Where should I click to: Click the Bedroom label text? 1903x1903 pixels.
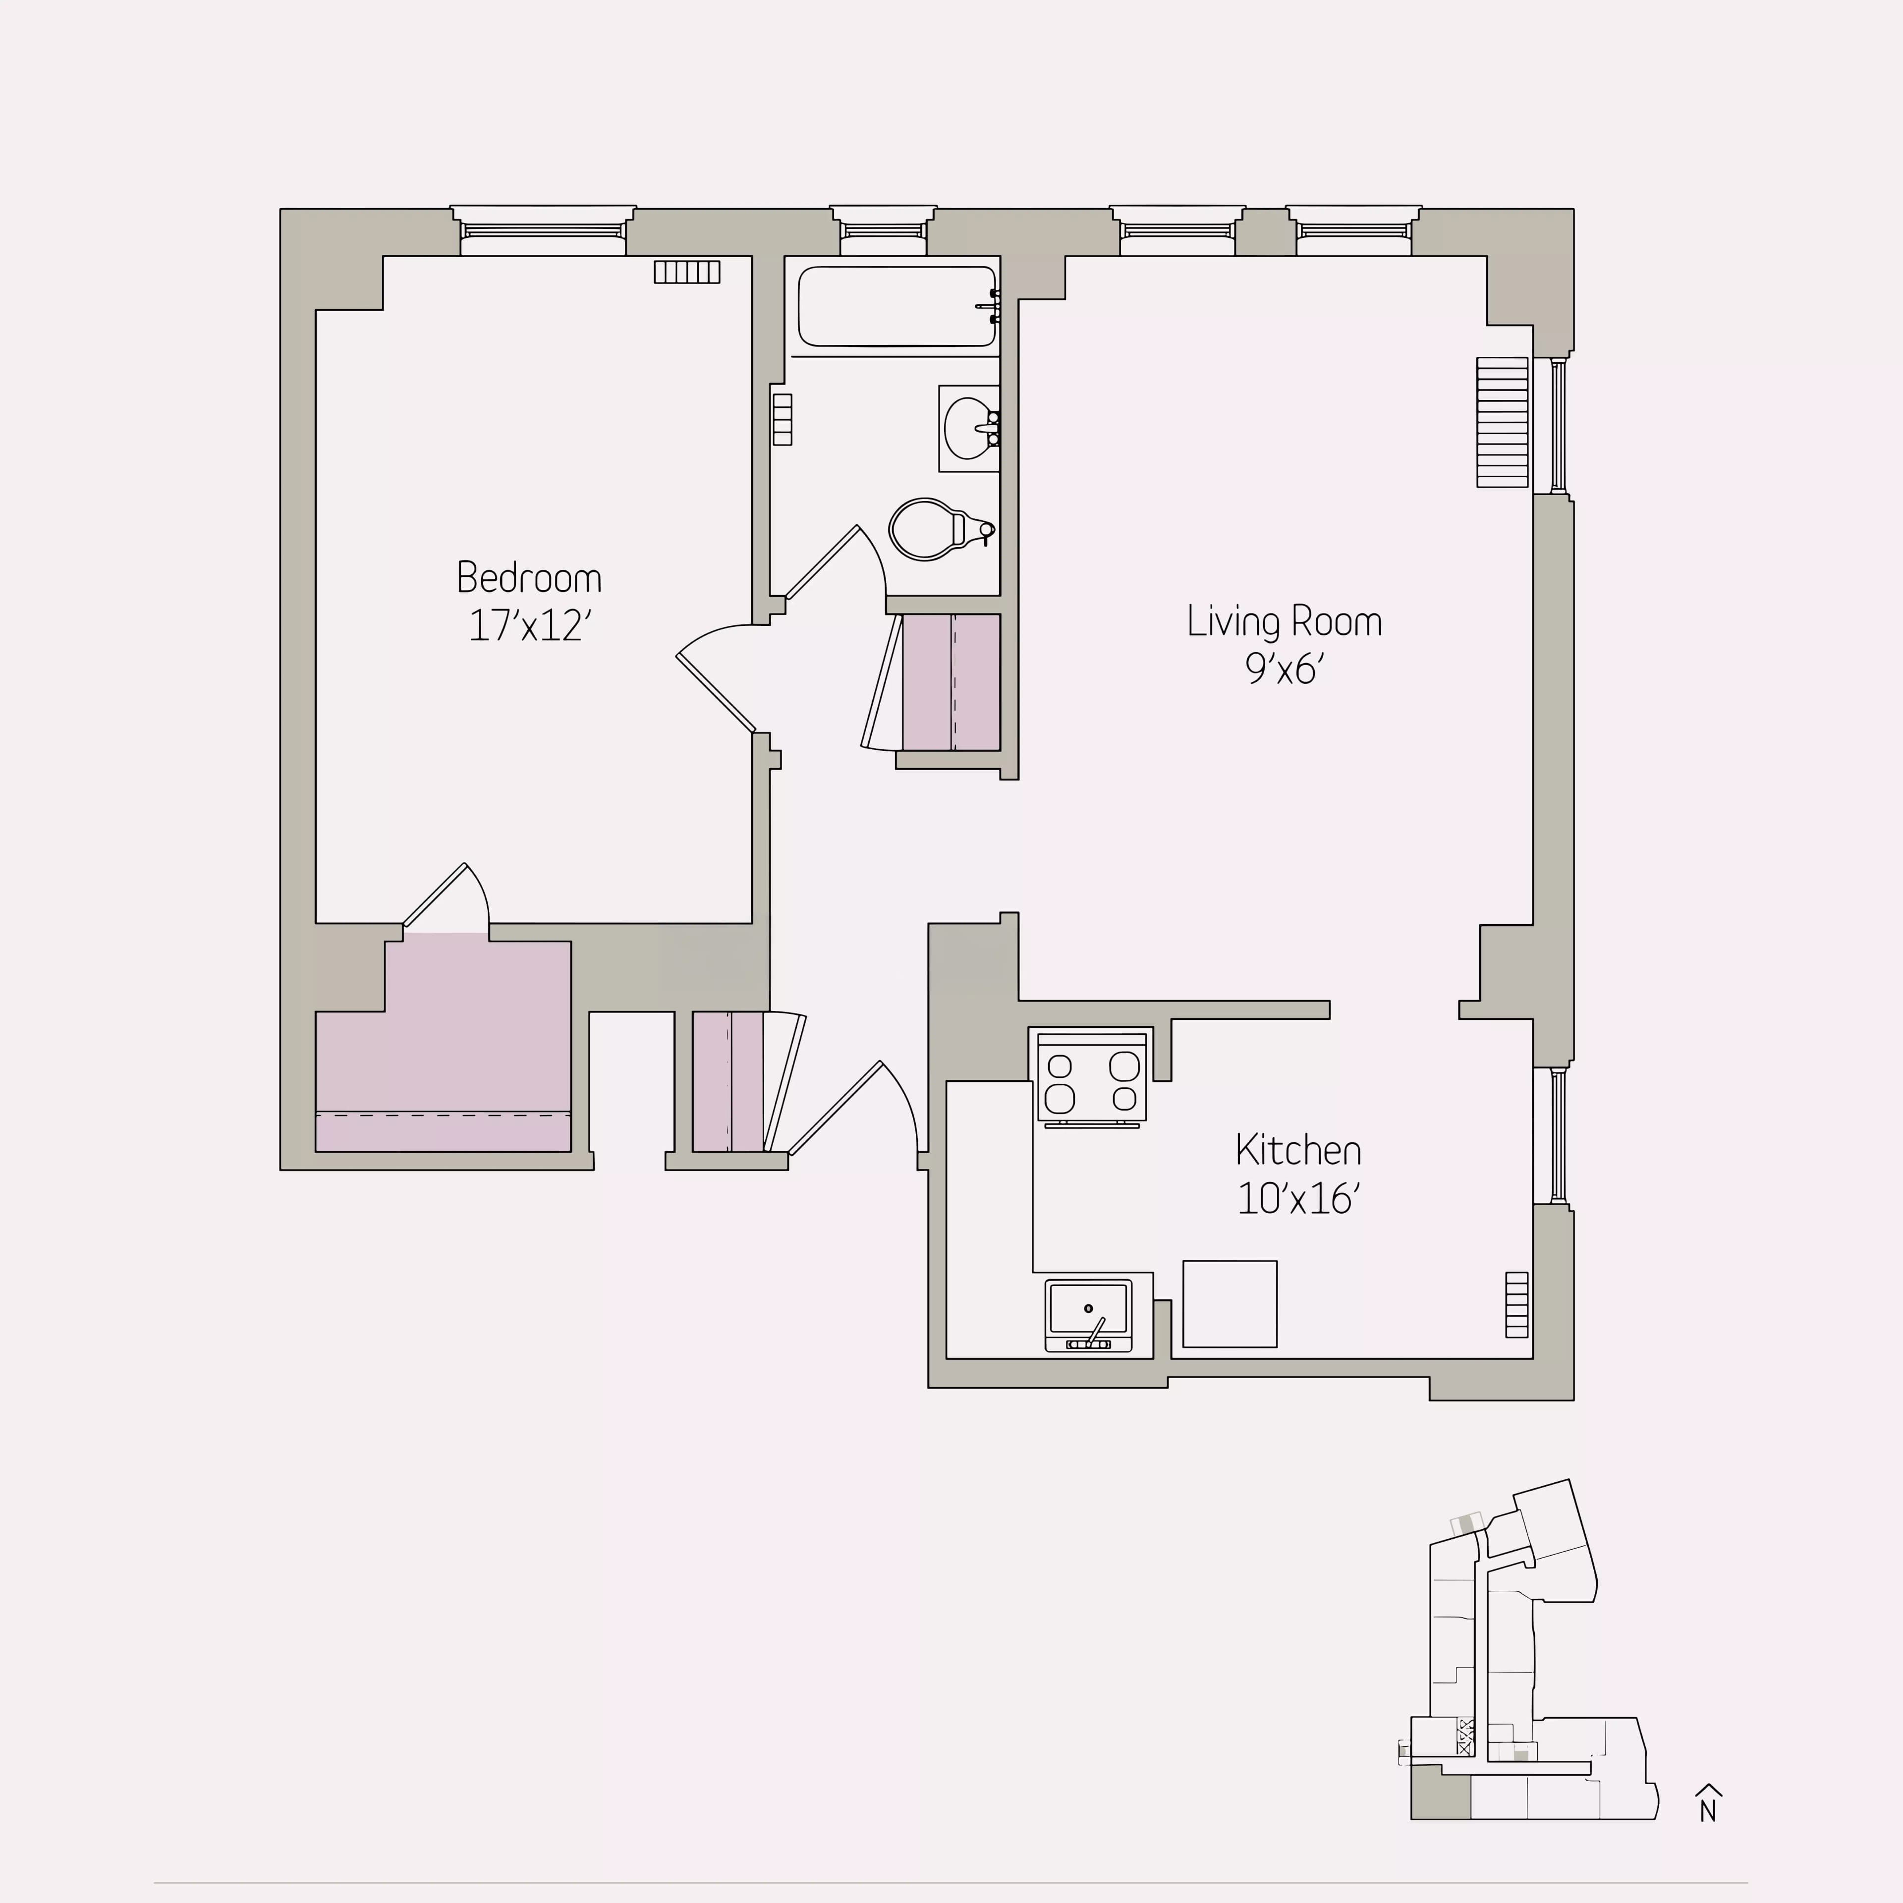click(x=529, y=578)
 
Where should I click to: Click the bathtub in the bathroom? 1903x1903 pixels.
click(x=896, y=306)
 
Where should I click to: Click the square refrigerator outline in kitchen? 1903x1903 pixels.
click(x=1229, y=1303)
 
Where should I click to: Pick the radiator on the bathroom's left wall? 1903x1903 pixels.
click(x=782, y=420)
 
